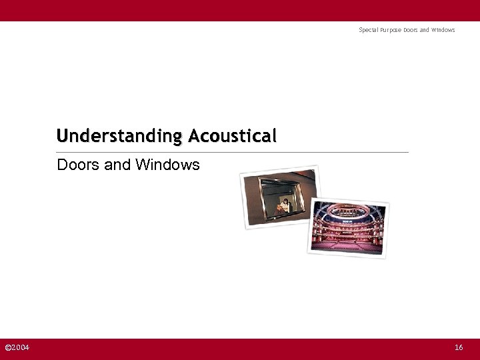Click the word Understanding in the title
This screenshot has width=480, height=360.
pos(119,136)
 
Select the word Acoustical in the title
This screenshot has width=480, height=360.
pos(232,136)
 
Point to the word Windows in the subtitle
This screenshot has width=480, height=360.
pos(167,164)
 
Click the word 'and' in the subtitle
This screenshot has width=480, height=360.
pos(118,164)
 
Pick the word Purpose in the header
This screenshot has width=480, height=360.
pos(390,30)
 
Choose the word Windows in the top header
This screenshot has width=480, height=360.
pos(443,30)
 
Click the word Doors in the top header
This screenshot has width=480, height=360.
pos(411,30)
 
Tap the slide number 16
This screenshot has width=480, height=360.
pos(459,347)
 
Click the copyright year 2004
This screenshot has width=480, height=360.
pos(21,347)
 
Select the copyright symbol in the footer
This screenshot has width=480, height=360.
pos(8,347)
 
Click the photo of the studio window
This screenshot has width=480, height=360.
pos(279,197)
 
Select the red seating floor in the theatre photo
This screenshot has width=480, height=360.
pos(349,244)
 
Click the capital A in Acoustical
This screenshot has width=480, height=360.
pos(195,136)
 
